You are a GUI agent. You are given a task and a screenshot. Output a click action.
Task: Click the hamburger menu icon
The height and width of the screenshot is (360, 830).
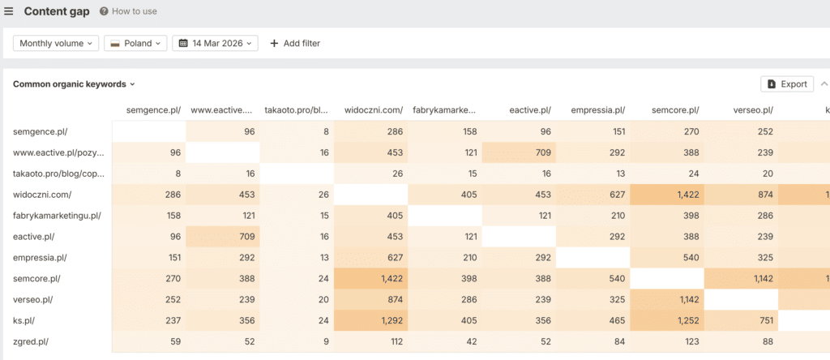click(x=8, y=11)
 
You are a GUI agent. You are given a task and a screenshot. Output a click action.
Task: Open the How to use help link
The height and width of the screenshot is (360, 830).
click(x=128, y=11)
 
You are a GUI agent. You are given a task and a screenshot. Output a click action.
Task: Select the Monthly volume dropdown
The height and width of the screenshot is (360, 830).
click(x=56, y=44)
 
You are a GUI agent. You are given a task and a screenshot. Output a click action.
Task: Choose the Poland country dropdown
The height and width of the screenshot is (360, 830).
click(x=135, y=44)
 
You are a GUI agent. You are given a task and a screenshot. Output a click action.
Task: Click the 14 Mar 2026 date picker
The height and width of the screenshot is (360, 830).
click(x=216, y=44)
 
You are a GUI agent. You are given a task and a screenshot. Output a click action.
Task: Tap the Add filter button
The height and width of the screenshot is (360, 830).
click(x=295, y=44)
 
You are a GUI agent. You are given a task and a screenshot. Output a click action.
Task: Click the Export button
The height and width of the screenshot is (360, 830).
click(x=787, y=84)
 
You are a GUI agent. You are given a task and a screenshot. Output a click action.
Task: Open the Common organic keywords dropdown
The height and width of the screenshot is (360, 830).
click(x=74, y=84)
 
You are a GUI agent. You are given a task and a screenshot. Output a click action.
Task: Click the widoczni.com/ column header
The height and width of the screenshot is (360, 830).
click(x=374, y=110)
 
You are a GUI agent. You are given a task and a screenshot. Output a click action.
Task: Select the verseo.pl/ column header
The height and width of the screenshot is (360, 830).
click(x=753, y=110)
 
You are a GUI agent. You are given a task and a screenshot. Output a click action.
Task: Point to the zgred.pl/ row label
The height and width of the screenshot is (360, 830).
click(x=31, y=341)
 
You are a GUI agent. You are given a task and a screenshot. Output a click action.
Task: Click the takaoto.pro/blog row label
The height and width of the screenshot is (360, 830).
click(x=58, y=174)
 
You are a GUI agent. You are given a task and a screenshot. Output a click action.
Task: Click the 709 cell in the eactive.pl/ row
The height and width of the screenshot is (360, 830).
click(x=223, y=237)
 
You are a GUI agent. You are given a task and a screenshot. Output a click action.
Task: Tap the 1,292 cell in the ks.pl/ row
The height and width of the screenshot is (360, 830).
click(x=371, y=320)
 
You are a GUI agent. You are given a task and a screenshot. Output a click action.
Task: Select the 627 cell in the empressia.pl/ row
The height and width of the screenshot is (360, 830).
click(x=371, y=258)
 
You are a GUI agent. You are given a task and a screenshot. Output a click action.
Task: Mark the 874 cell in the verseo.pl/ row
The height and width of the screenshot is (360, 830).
click(x=371, y=300)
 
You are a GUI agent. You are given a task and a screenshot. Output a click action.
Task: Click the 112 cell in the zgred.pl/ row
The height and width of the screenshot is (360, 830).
click(x=371, y=341)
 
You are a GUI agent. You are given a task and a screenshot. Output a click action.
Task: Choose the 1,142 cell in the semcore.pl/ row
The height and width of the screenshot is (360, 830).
click(x=741, y=278)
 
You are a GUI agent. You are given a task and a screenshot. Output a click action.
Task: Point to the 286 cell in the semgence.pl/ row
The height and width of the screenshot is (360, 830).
click(x=371, y=132)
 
